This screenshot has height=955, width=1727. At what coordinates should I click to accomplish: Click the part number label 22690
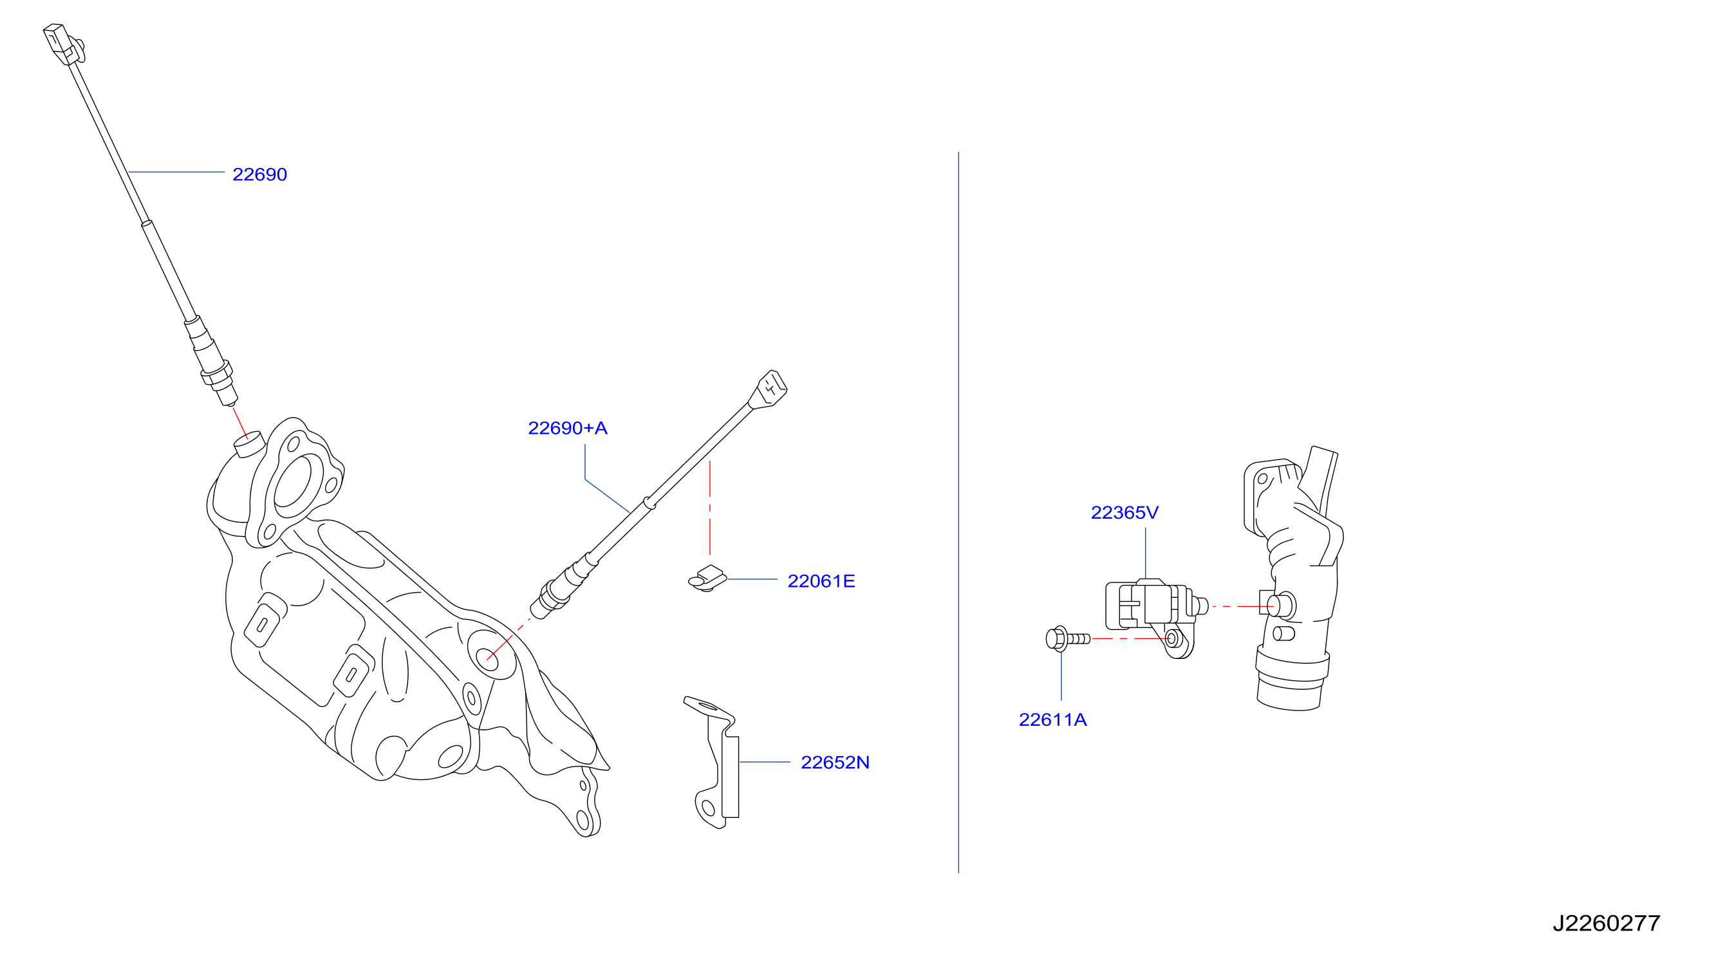(259, 174)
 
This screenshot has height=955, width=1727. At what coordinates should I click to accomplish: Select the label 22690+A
(567, 428)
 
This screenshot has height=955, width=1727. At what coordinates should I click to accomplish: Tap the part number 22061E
(821, 581)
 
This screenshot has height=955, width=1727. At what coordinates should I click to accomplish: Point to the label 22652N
(835, 763)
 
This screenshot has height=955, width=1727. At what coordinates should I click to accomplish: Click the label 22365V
(1125, 513)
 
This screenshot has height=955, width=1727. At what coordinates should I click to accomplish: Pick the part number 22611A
(1052, 719)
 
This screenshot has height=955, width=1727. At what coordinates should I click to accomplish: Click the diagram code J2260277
(1607, 923)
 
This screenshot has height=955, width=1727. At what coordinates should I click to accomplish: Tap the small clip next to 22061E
(707, 579)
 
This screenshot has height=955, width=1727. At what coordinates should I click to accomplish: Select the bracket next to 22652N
(712, 763)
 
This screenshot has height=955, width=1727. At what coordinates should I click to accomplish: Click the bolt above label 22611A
(1067, 638)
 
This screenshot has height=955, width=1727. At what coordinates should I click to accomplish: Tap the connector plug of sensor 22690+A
(769, 389)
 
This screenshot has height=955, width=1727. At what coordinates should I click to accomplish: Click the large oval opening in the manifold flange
(293, 481)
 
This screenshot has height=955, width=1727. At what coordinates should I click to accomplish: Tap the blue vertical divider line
(958, 513)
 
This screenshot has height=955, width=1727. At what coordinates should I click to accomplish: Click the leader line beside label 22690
(176, 172)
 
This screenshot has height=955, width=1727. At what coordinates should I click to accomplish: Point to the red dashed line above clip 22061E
(710, 507)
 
